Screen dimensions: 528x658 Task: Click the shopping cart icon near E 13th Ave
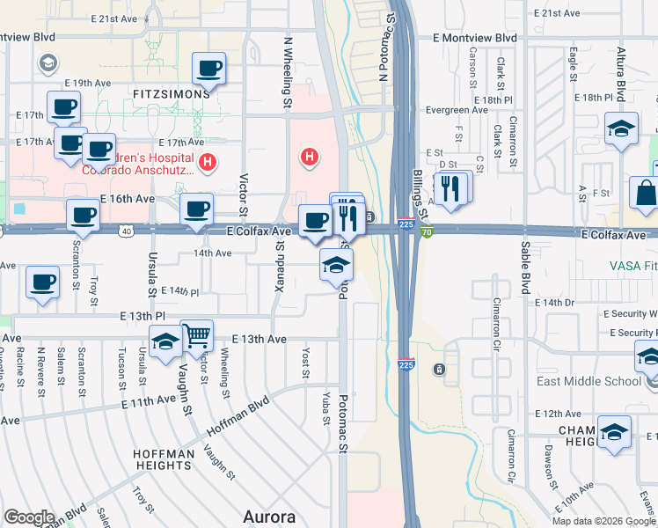pos(197,334)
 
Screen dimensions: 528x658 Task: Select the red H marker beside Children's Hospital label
pos(208,162)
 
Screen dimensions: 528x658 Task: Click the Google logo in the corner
pos(30,517)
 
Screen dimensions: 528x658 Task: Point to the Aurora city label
pos(268,516)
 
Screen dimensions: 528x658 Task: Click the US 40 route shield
pos(128,231)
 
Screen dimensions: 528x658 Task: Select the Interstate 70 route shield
pos(426,232)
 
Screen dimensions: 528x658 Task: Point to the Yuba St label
pos(326,407)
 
